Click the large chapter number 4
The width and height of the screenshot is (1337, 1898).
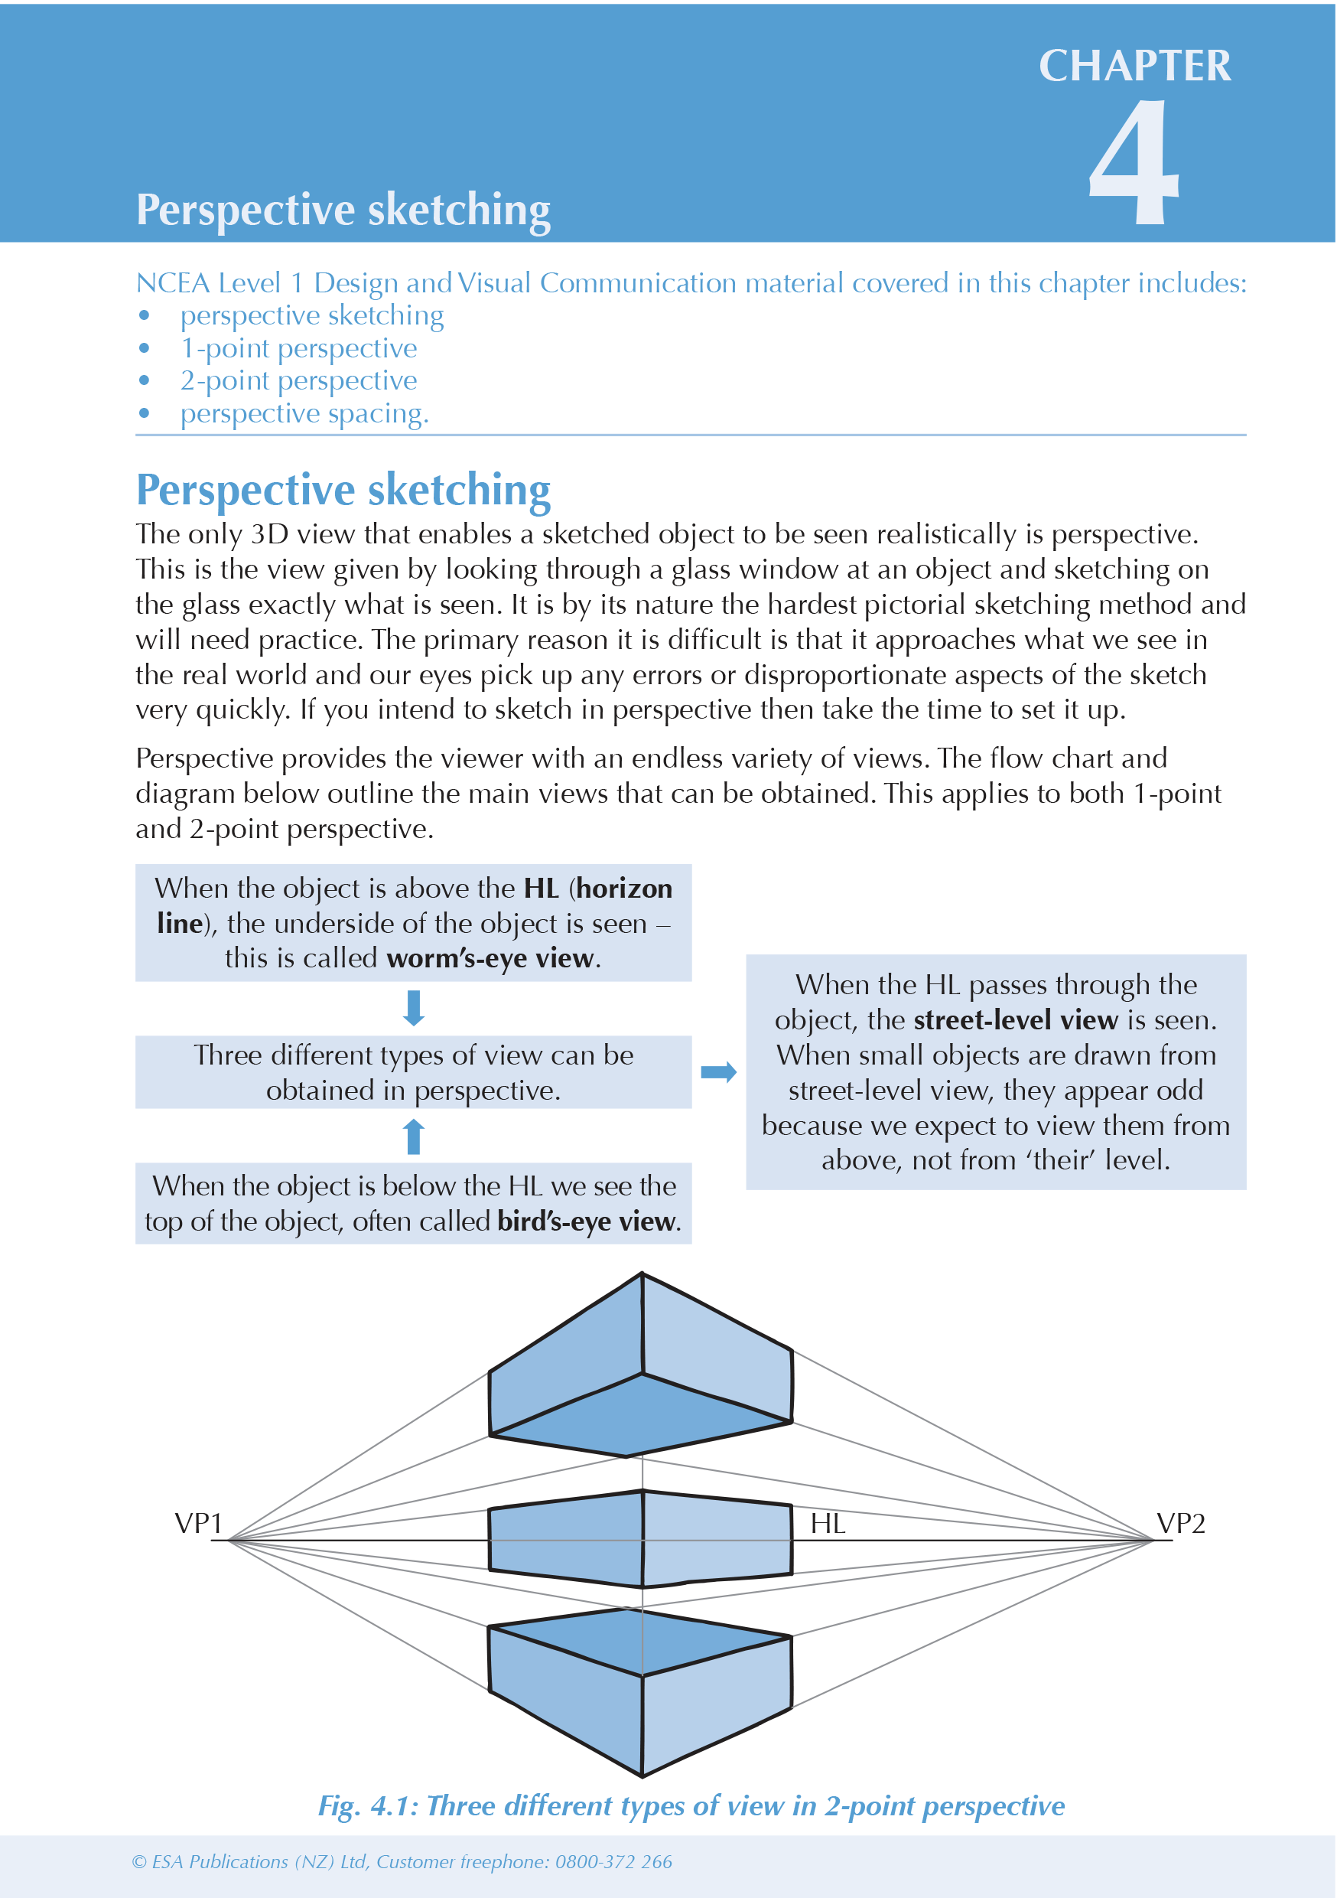1134,163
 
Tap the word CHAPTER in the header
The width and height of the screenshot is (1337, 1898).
1134,66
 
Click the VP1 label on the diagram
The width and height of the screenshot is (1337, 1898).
198,1524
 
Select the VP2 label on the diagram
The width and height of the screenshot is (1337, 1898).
1180,1524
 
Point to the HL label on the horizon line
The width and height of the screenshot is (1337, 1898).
827,1524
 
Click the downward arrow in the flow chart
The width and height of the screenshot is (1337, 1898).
414,1008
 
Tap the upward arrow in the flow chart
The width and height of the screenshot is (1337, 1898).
414,1136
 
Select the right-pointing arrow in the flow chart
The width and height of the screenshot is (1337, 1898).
718,1072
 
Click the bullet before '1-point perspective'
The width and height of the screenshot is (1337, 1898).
145,348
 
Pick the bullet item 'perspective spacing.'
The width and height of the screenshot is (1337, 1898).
304,413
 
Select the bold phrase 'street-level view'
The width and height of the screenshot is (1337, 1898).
1016,1020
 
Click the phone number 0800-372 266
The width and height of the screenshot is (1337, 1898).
613,1861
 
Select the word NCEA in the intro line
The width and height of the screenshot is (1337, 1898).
173,283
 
